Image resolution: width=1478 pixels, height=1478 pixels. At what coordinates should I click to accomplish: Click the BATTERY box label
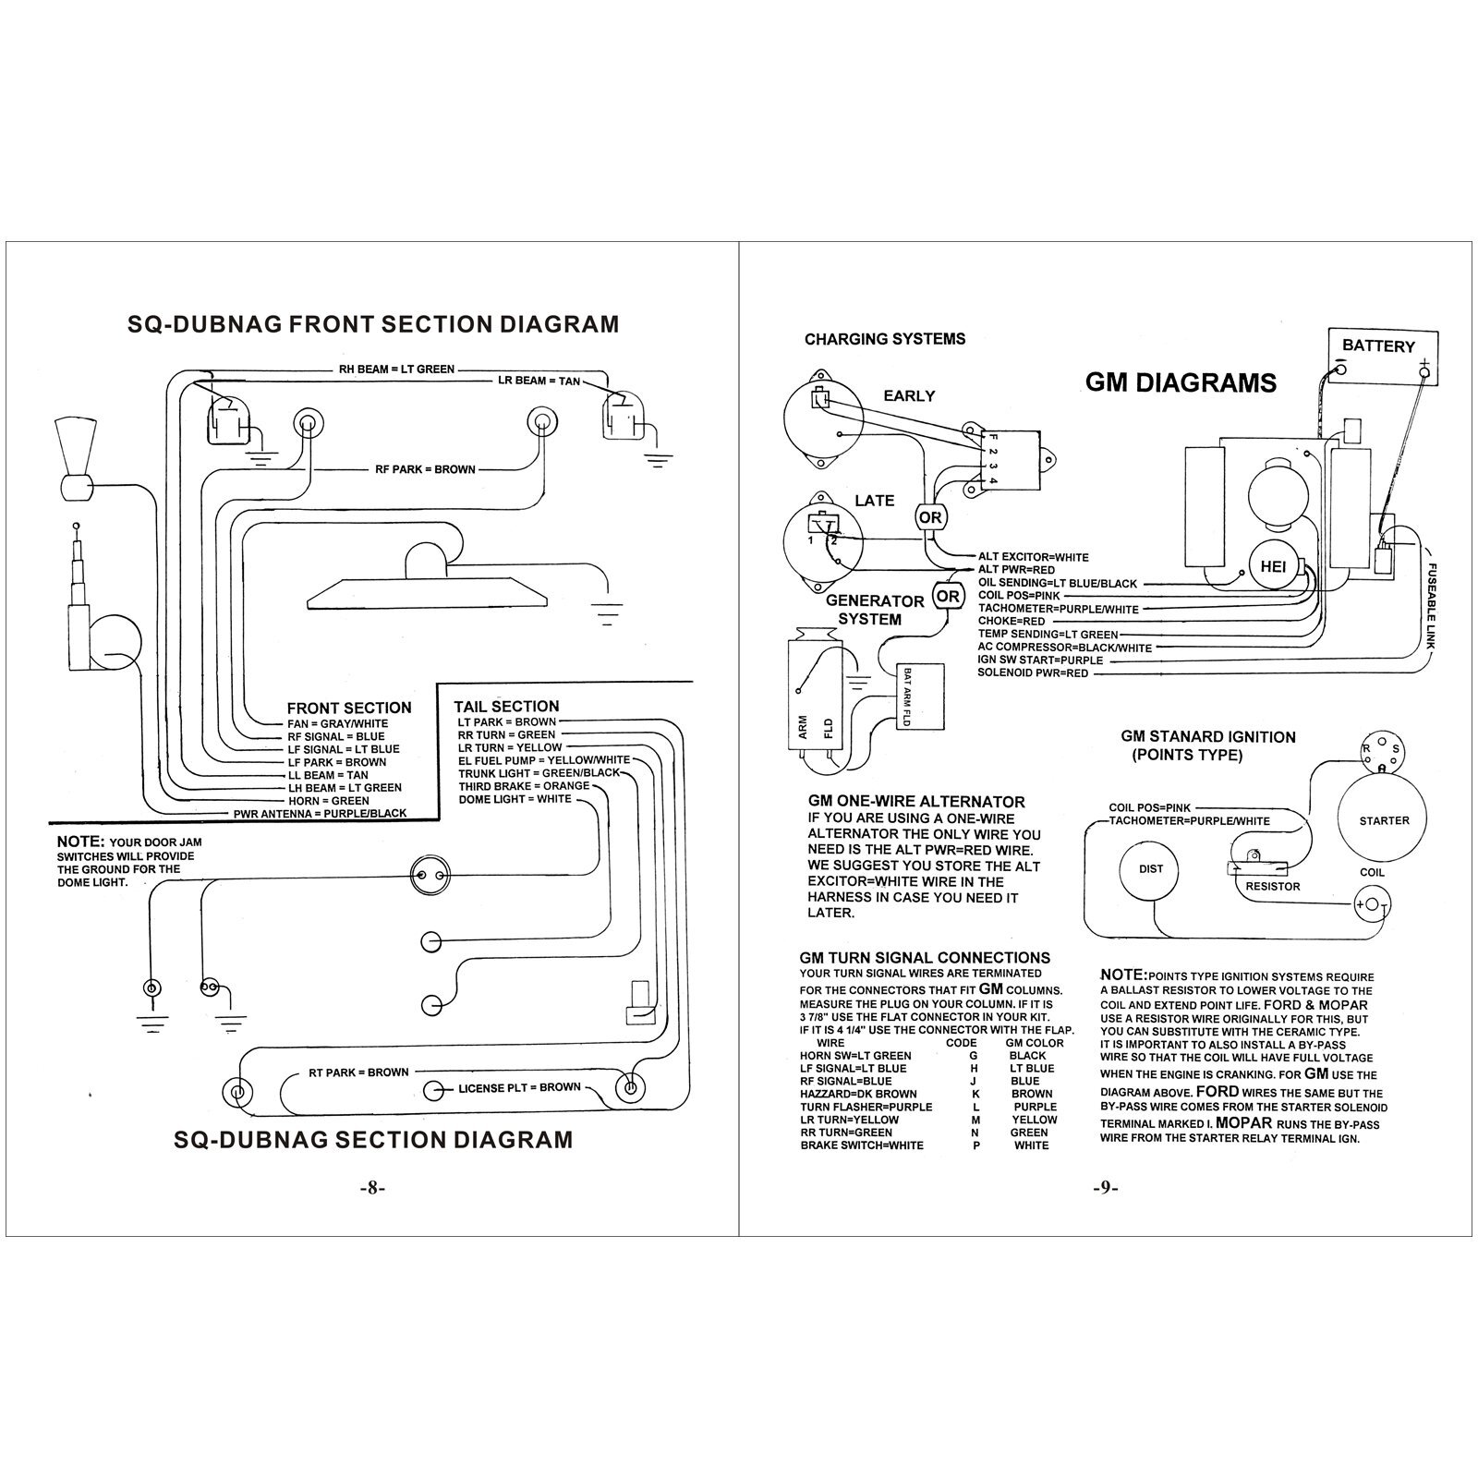pos(1378,346)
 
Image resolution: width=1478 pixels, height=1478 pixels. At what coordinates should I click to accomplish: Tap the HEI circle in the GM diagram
pos(1273,567)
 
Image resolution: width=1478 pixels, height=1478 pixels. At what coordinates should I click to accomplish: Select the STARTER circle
pos(1384,820)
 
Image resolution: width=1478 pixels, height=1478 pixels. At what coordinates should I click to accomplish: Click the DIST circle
pos(1151,869)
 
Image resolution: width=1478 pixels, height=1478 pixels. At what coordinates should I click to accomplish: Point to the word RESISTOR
pos(1273,887)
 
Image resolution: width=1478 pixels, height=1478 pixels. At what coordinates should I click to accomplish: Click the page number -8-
pos(371,1189)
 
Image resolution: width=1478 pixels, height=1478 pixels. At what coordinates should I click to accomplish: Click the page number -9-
pos(1105,1189)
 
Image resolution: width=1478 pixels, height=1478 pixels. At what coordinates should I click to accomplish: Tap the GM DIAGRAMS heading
pos(1181,382)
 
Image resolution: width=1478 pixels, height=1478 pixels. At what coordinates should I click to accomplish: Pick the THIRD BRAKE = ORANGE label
pos(524,786)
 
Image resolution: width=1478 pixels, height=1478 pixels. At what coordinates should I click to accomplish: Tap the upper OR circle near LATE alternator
pos(929,517)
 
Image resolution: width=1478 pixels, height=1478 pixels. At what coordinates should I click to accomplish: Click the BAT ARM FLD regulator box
pos(919,697)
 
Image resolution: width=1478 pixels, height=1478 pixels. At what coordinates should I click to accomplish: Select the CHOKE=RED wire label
pos(1012,622)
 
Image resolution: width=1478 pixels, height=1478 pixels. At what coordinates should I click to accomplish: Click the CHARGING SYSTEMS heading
pos(884,339)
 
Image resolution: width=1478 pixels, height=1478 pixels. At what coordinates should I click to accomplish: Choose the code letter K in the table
pos(975,1094)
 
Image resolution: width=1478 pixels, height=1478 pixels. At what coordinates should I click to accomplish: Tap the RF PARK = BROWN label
pos(425,469)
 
